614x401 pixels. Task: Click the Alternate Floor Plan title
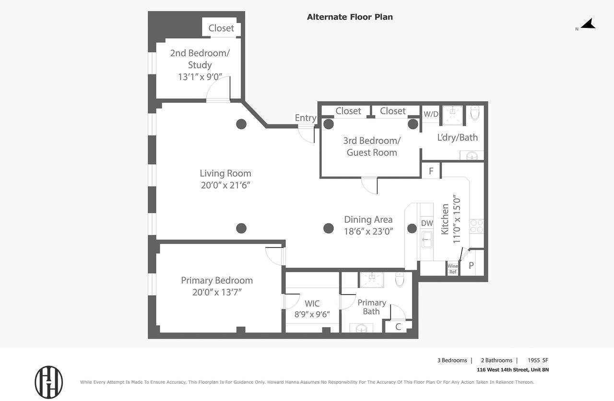coord(350,17)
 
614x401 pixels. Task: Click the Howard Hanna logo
coord(48,382)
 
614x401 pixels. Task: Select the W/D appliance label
coord(431,114)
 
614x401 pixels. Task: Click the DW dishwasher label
coord(426,223)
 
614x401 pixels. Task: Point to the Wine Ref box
coord(452,269)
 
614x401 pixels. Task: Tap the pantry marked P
coord(471,266)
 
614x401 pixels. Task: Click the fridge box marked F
coord(431,171)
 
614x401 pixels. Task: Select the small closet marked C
coord(398,327)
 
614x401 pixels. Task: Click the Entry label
coord(305,118)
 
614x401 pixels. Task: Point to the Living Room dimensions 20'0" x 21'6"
coord(225,185)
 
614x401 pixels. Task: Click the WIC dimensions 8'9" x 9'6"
coord(312,315)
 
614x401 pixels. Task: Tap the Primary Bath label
coord(371,307)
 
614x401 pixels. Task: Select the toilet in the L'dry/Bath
coord(474,113)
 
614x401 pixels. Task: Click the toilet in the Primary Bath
coord(399,279)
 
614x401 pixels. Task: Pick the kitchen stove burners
coord(476,226)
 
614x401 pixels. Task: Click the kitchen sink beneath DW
coord(426,239)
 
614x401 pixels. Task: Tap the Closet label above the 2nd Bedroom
coord(221,28)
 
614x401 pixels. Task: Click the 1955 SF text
coord(538,360)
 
